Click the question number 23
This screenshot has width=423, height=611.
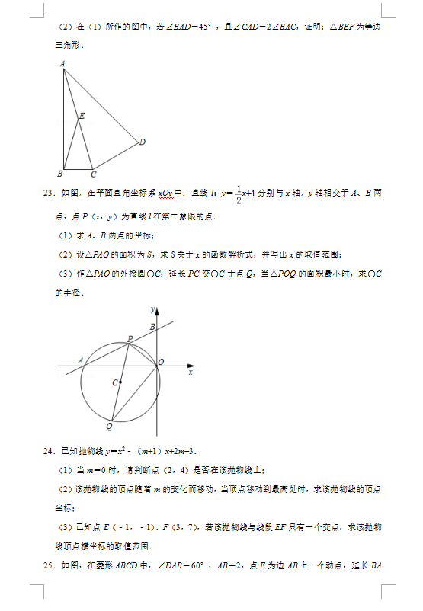point(50,194)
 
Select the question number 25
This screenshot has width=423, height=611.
point(50,565)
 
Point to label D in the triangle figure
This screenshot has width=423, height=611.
point(143,142)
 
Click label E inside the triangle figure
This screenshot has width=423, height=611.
point(82,116)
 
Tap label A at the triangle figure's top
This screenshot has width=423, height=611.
point(62,64)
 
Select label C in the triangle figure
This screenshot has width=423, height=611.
point(93,174)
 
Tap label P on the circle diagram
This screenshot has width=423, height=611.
point(130,338)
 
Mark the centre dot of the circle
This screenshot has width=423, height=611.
point(120,382)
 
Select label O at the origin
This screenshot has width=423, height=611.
point(161,363)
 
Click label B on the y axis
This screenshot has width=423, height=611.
point(152,327)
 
